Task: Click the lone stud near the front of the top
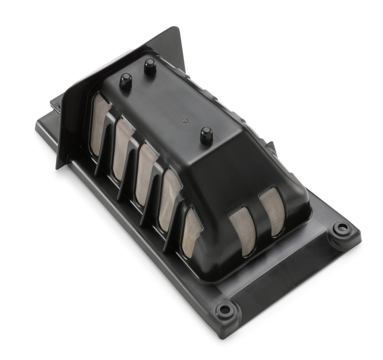(206, 135)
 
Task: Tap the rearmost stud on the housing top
(150, 67)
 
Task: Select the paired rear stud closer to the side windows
(126, 81)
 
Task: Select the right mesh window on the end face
(273, 212)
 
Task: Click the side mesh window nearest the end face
(191, 232)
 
